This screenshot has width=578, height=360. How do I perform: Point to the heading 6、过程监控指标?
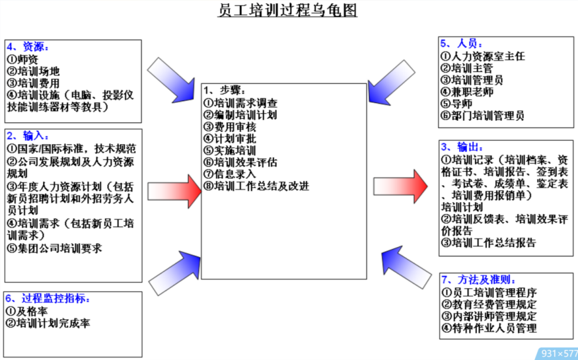click(48, 299)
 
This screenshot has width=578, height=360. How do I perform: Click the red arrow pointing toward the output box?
click(400, 186)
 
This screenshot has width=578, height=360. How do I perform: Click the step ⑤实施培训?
click(230, 150)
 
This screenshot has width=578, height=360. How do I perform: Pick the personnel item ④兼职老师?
click(467, 92)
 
